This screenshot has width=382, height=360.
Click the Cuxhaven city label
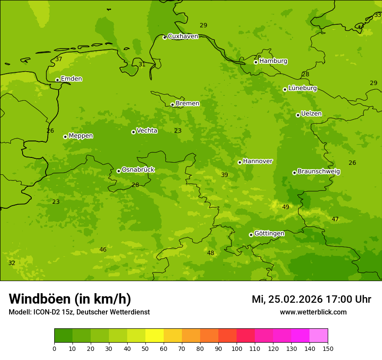[x=183, y=36]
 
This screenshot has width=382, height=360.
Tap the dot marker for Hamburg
[x=256, y=62]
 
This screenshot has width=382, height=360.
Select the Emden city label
[x=71, y=79]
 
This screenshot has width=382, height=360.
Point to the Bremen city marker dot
[x=172, y=105]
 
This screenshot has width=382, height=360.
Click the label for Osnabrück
[x=138, y=170]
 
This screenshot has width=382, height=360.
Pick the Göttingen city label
[x=269, y=234]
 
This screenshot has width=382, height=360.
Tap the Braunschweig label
[x=319, y=172]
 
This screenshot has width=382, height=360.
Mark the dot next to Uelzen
[x=298, y=115]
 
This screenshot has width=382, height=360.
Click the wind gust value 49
[x=286, y=207]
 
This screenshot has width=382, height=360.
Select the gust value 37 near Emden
[x=59, y=59]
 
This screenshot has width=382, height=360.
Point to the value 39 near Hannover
[x=224, y=175]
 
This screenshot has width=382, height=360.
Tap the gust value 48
[x=211, y=253]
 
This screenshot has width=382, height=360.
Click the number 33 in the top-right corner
[x=378, y=15]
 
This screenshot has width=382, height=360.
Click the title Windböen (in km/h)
[x=70, y=299]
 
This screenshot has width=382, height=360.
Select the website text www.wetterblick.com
[x=313, y=312]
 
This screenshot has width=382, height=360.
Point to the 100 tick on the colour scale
[x=237, y=349]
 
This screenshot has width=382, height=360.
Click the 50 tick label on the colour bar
[x=145, y=349]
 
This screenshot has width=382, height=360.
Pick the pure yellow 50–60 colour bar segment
[x=155, y=336]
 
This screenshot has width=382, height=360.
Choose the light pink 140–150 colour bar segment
[x=319, y=336]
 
